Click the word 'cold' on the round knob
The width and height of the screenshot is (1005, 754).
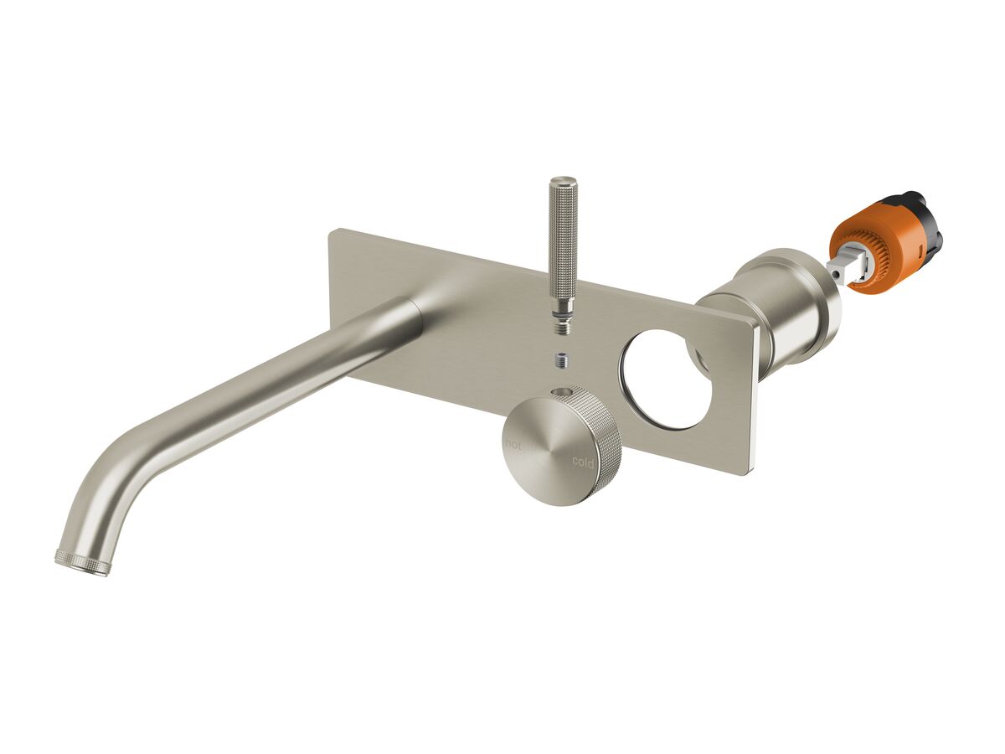pyautogui.click(x=583, y=462)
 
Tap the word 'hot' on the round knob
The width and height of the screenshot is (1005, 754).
pyautogui.click(x=513, y=445)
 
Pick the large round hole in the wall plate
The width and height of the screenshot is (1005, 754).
pyautogui.click(x=666, y=380)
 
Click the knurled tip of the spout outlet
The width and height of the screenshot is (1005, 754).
pyautogui.click(x=82, y=561)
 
